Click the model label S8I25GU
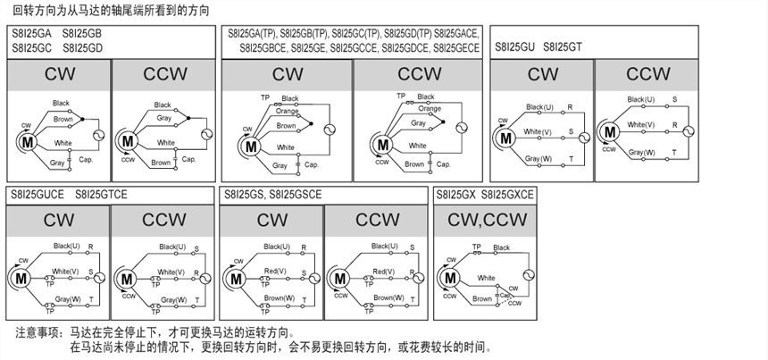coord(513,46)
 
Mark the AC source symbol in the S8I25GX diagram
coord(526,275)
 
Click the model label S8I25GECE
coord(456,47)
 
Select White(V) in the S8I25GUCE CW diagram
coord(65,271)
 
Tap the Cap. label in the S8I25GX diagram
coord(505,295)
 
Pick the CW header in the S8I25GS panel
coord(271,220)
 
